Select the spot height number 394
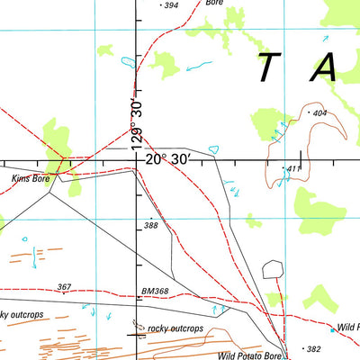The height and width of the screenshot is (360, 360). click(170, 5)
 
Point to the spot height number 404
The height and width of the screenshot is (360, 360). click(317, 113)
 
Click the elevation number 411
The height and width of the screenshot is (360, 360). click(293, 168)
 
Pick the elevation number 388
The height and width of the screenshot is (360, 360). click(150, 225)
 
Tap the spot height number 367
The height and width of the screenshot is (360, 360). click(63, 287)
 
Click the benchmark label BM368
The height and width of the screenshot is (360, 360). click(155, 291)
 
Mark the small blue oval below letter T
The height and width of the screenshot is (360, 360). click(213, 148)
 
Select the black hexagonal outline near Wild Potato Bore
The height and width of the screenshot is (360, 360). click(273, 269)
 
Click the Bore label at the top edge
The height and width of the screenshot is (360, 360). click(213, 4)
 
